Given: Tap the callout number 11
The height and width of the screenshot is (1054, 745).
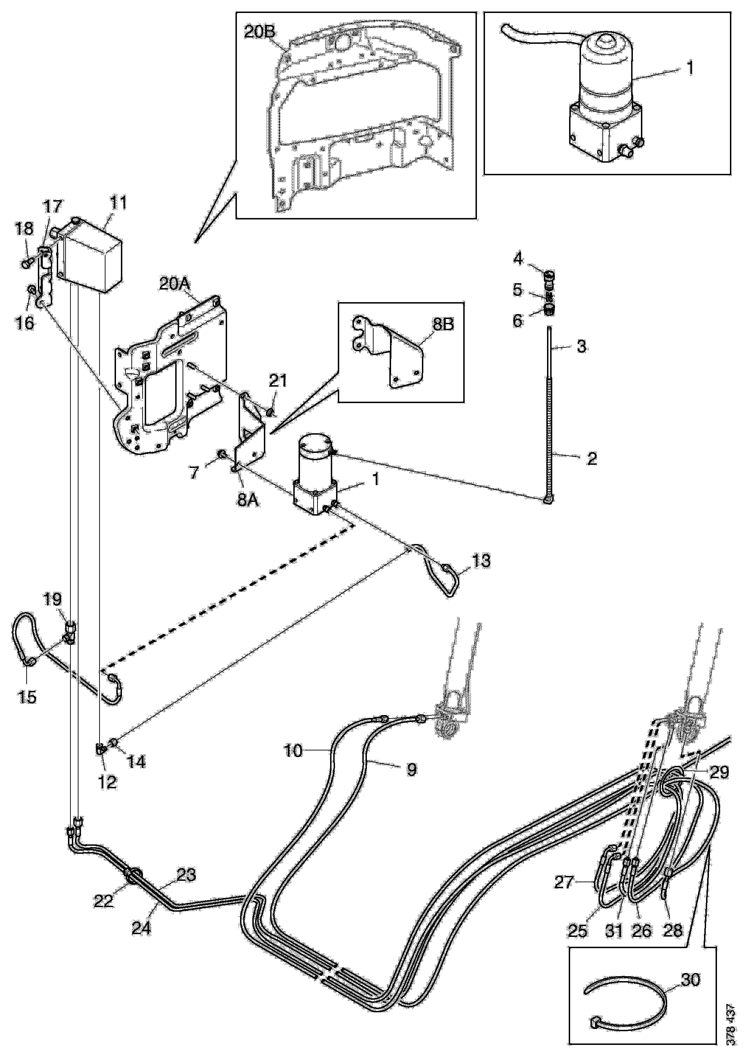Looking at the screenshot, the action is [x=118, y=203].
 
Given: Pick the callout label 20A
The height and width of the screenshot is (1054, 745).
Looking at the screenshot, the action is [x=175, y=284].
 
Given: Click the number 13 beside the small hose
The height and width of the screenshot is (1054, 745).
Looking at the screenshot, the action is [x=480, y=561].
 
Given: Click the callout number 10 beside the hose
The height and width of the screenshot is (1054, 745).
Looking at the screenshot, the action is [x=294, y=751].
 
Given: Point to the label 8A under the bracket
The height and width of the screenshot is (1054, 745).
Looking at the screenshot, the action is [x=248, y=500].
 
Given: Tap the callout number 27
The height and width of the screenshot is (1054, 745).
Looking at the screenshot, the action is [x=564, y=883].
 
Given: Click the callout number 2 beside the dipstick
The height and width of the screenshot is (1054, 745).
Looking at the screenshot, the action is [x=592, y=458].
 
